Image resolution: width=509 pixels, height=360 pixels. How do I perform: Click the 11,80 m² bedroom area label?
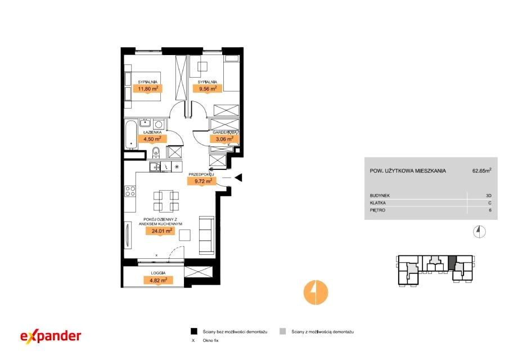pos(148,89)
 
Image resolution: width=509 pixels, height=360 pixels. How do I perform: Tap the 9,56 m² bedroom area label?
pos(208,88)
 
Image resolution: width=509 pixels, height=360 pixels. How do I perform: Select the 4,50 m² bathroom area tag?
pos(152,139)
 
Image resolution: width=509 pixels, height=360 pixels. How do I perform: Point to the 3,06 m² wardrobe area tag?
pos(224,139)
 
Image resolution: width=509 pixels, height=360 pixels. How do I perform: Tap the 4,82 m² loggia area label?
pos(159,280)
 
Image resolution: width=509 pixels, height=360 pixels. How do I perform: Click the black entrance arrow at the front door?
pos(238,178)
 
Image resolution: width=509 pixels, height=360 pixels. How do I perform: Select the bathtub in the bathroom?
pos(131,134)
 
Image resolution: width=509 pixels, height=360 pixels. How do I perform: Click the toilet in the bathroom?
pos(156,152)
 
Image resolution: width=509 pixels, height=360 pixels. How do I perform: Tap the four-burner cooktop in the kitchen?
pos(130,191)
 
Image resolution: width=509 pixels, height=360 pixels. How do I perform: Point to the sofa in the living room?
pos(206,235)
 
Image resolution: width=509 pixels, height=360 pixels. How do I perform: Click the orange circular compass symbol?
pos(316,292)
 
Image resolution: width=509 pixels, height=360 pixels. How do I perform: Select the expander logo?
pos(51,336)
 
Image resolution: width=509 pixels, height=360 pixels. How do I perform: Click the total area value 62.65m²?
pos(482,171)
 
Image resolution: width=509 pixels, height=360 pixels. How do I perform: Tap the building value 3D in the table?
pos(489,196)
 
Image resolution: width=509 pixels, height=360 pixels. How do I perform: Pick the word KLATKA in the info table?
pos(378,203)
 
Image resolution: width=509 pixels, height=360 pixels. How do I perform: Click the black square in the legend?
pos(194,331)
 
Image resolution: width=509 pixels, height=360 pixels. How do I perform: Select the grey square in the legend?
pos(283,331)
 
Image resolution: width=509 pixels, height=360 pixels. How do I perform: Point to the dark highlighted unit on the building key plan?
pos(452,263)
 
